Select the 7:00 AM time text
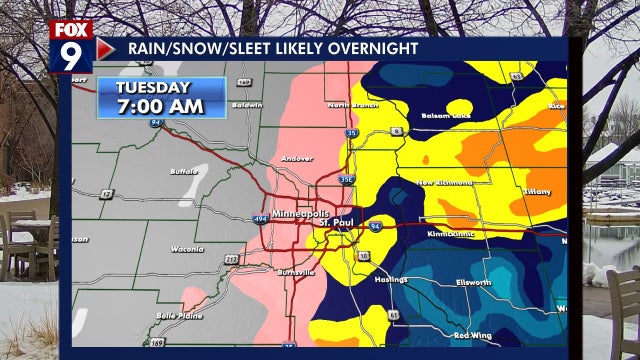160,106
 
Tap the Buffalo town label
185,171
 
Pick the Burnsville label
295,271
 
